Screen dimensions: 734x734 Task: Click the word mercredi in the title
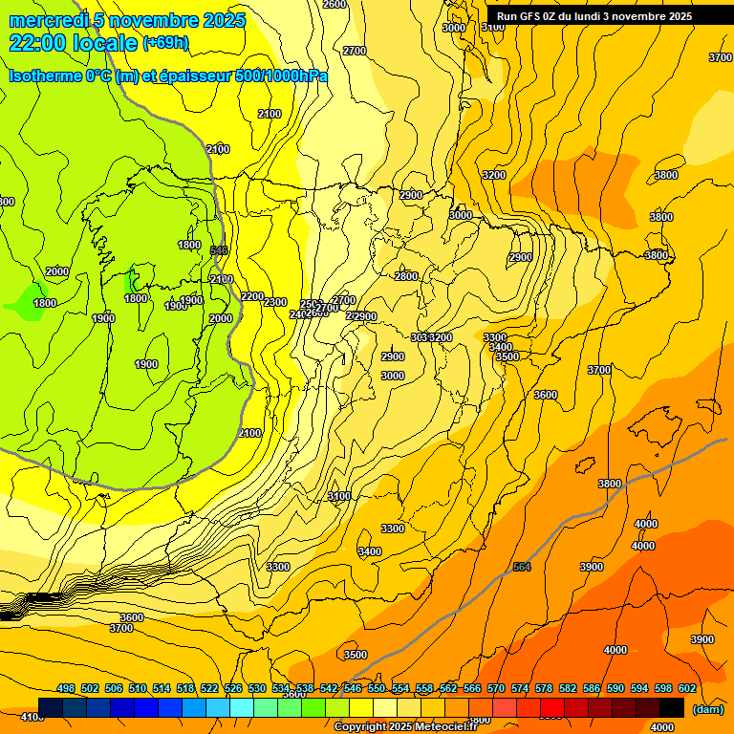45,20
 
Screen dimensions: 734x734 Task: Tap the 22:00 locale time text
73,43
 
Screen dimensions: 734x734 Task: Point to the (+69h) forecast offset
165,43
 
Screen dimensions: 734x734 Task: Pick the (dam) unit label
707,709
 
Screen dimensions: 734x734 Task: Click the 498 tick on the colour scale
66,688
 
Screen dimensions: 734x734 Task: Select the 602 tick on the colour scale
687,688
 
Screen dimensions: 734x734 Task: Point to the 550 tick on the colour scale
377,688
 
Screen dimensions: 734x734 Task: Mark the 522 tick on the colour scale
209,688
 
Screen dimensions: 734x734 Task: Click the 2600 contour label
335,5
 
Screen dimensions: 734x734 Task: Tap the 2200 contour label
252,296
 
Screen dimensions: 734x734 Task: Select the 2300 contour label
275,302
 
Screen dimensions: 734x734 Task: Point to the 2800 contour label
406,276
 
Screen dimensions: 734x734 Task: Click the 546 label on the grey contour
219,250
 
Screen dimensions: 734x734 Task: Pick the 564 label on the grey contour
522,568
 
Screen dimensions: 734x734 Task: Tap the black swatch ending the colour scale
672,707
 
